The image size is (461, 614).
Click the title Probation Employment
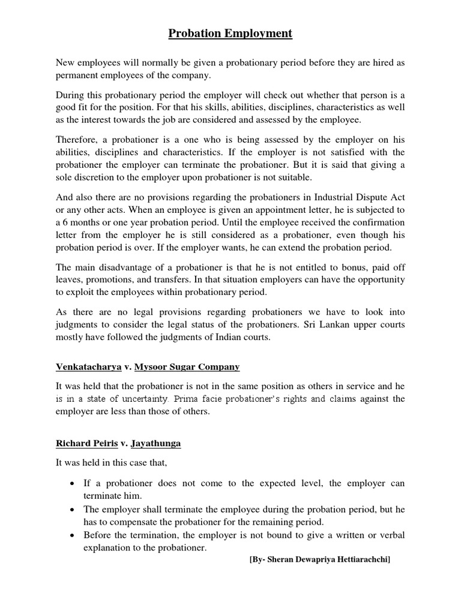coord(230,34)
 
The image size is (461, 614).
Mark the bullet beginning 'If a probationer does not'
coord(73,483)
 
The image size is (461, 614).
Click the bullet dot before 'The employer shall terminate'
coord(73,509)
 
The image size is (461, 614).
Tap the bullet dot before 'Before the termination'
coord(73,535)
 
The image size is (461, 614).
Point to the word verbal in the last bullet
coord(391,535)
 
